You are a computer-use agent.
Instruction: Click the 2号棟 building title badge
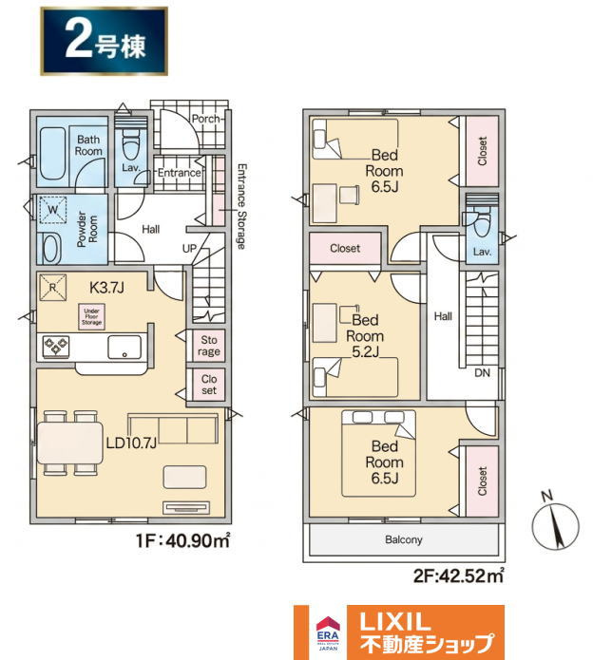tap(104, 41)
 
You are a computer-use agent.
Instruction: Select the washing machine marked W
tap(52, 210)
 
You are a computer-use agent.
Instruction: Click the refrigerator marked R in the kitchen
tap(52, 288)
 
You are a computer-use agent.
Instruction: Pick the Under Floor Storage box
tap(91, 316)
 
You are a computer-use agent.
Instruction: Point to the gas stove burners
tap(56, 346)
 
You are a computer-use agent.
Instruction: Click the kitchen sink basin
tap(124, 347)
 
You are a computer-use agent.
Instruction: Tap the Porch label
tap(205, 119)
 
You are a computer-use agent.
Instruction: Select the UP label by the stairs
tap(189, 249)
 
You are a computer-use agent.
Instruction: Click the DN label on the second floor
tap(482, 372)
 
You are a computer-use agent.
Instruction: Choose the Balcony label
tap(404, 539)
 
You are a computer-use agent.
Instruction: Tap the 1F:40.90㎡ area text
tap(182, 540)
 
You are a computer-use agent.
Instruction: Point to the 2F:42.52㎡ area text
tap(458, 575)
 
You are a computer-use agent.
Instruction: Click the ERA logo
tap(328, 632)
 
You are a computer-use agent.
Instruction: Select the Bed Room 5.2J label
tap(365, 336)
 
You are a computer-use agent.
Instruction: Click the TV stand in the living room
tap(186, 508)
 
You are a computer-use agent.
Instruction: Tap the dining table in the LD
tap(70, 443)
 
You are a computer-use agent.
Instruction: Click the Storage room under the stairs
tap(209, 346)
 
